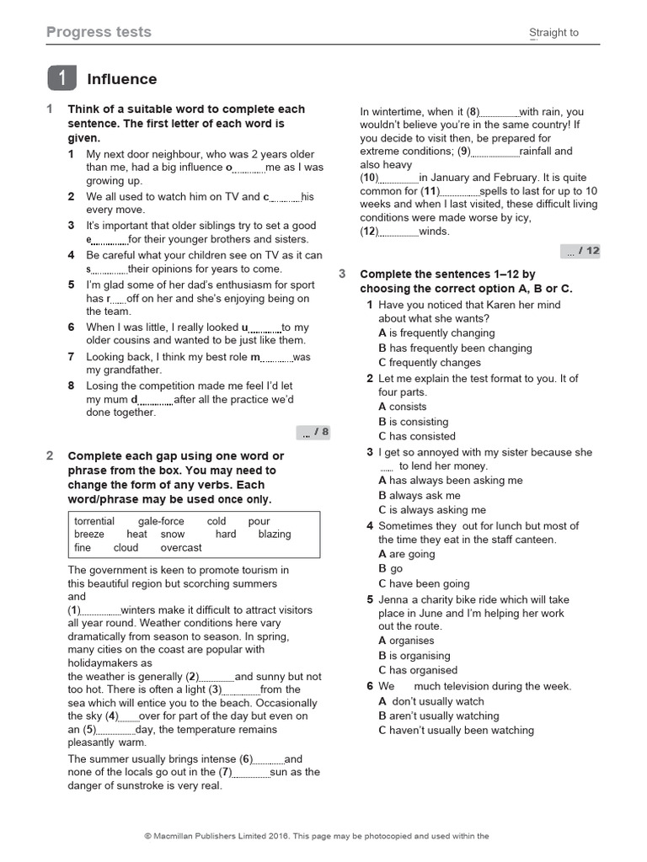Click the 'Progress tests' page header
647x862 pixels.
99,32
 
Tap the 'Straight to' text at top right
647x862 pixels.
553,33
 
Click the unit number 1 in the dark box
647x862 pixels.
61,79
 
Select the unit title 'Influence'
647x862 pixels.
122,79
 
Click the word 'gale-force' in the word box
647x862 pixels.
161,521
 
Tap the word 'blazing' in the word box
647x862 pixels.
275,534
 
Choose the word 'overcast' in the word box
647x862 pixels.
181,547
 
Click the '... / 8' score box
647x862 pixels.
313,433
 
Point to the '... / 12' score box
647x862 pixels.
581,251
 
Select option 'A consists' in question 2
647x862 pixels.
403,407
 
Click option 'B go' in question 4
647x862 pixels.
391,569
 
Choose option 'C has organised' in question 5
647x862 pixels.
418,670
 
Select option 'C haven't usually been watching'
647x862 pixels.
456,731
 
